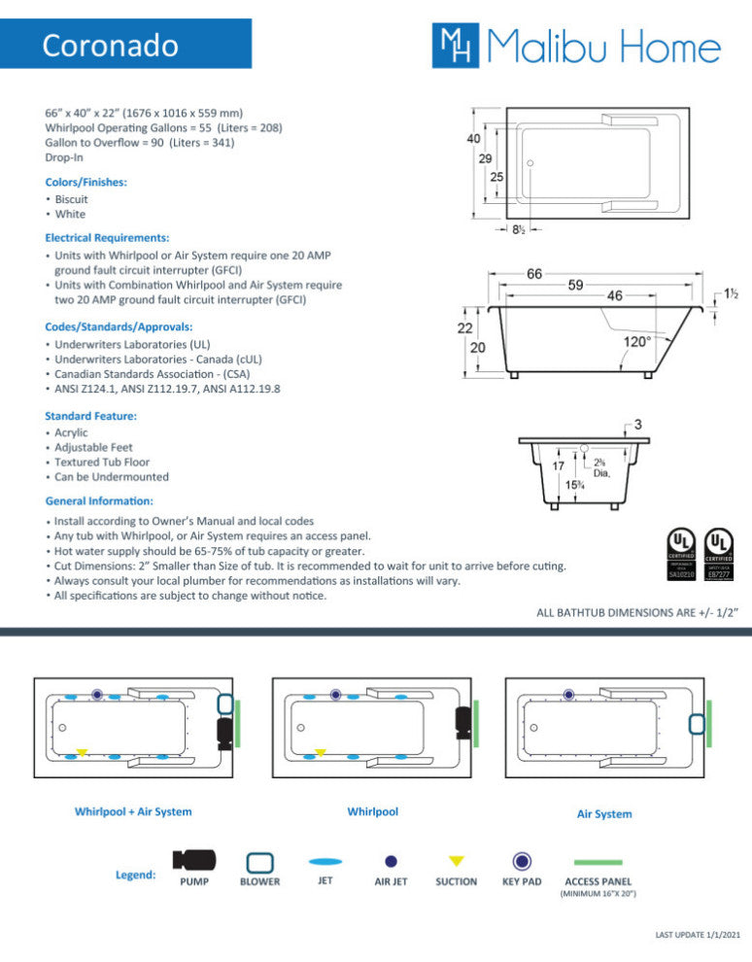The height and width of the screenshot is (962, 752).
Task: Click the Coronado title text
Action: pos(110,46)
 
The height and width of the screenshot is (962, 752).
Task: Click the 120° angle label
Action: pos(637,342)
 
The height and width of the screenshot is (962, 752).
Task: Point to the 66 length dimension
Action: pos(534,275)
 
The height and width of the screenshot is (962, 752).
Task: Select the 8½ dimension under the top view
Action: pos(519,229)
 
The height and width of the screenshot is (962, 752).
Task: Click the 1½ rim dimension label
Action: pos(732,293)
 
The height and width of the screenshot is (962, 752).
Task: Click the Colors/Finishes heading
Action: pos(86,182)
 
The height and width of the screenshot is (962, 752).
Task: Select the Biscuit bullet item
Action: pos(71,199)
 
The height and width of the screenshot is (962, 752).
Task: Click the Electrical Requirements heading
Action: pos(107,237)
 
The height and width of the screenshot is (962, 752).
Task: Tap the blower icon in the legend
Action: pos(259,862)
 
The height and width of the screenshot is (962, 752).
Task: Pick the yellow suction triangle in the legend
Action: pos(456,861)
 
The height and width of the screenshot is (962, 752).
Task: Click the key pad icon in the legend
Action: pos(522,861)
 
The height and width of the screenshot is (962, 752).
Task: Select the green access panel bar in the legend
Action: pos(598,862)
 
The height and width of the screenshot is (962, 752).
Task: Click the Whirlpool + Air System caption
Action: pos(133,811)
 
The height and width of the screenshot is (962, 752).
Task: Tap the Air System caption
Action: pos(604,814)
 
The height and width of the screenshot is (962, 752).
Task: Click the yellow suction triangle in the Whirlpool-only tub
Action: pos(320,752)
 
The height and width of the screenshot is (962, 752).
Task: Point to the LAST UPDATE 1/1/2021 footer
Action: pos(698,935)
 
